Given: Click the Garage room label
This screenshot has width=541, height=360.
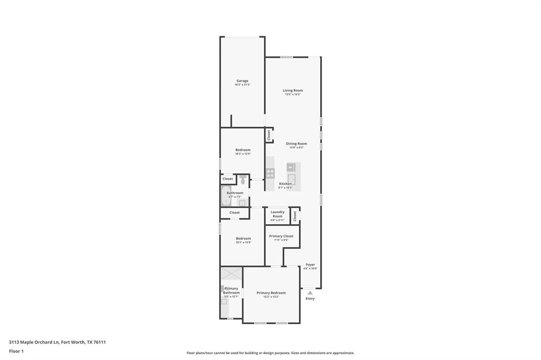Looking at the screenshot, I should [x=242, y=81].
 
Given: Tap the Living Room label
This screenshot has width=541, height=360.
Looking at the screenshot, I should [x=293, y=90].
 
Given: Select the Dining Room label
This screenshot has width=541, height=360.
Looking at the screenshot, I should [x=296, y=144].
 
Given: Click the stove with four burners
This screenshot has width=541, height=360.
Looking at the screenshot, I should [x=270, y=173].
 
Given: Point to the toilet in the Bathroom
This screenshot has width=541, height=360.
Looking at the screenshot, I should [x=242, y=180].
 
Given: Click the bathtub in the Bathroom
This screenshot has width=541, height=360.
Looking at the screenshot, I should [x=226, y=196].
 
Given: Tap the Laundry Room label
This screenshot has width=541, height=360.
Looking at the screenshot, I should [x=277, y=214].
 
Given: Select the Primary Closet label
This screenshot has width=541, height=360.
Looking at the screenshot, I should [x=281, y=236].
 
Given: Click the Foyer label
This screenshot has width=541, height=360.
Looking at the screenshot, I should [x=310, y=264].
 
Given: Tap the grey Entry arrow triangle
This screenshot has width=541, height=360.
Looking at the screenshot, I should [x=310, y=292].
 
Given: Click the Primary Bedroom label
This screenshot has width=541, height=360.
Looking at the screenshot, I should [x=271, y=292].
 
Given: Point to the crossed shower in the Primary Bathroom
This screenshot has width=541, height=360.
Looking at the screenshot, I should [x=231, y=273].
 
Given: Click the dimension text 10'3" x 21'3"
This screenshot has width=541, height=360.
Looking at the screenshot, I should [x=242, y=85].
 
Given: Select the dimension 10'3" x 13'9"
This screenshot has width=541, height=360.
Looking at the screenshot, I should [x=243, y=242].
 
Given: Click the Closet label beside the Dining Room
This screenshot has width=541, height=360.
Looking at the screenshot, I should [x=269, y=135].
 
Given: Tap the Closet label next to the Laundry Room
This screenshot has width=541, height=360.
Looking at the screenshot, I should [x=295, y=216].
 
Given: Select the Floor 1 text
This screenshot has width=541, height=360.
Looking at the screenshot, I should [x=16, y=351].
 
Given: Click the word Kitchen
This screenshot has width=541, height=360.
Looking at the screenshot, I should [x=285, y=184].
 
